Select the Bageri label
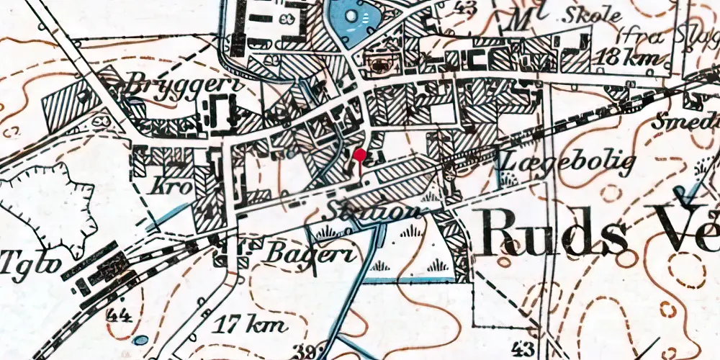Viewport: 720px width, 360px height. pos(300,253)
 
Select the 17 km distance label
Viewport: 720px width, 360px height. pos(245,324)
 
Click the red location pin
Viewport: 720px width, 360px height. pos(359,154)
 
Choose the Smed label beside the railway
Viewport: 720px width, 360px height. pos(684,122)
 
